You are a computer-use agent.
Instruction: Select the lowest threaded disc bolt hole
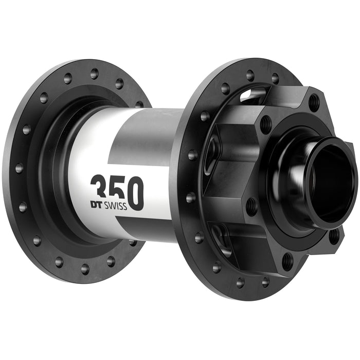click(x=287, y=262)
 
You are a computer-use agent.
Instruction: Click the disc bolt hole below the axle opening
click(x=334, y=236)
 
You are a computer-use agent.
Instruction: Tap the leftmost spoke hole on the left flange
click(x=19, y=168)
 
